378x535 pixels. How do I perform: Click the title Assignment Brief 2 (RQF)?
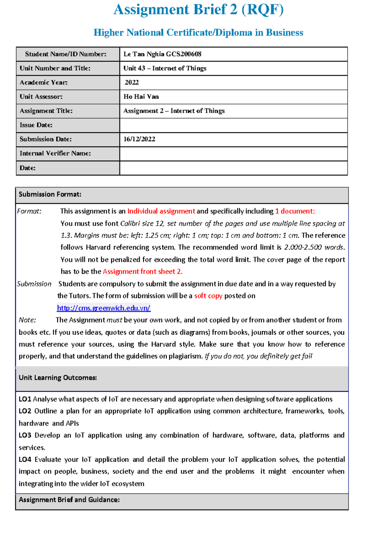pyautogui.click(x=198, y=9)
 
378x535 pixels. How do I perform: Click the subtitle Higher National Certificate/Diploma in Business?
pyautogui.click(x=198, y=32)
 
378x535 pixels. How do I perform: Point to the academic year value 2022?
pyautogui.click(x=132, y=83)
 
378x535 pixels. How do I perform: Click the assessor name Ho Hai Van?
pyautogui.click(x=141, y=97)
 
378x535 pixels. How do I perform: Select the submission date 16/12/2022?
pyautogui.click(x=139, y=139)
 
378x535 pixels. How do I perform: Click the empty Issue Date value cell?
pyautogui.click(x=233, y=125)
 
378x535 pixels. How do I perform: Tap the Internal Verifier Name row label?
pyautogui.click(x=55, y=153)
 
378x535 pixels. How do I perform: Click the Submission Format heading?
pyautogui.click(x=50, y=194)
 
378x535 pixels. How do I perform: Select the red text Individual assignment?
pyautogui.click(x=161, y=211)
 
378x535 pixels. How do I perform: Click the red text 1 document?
pyautogui.click(x=295, y=211)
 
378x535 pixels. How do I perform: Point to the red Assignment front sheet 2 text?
pyautogui.click(x=142, y=272)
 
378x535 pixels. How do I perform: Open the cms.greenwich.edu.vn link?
pyautogui.click(x=104, y=308)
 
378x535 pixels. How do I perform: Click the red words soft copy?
pyautogui.click(x=208, y=296)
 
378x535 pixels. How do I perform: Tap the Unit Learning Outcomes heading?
pyautogui.click(x=58, y=378)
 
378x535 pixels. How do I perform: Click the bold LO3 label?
pyautogui.click(x=25, y=435)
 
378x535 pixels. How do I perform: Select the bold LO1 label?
pyautogui.click(x=25, y=399)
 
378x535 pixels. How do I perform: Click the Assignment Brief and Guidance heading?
pyautogui.click(x=69, y=500)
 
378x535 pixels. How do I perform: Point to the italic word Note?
pyautogui.click(x=27, y=320)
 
